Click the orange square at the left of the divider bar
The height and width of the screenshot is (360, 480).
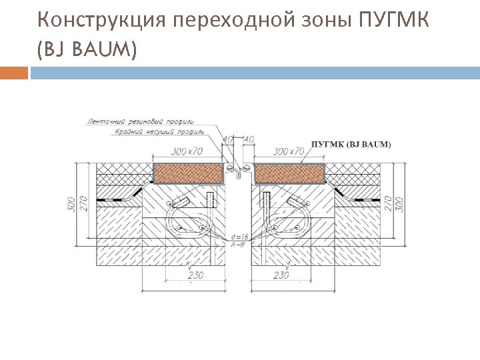tap(14, 72)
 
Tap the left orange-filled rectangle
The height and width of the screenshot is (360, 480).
tap(187, 173)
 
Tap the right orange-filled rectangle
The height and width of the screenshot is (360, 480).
tap(290, 173)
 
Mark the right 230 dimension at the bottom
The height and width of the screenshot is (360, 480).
tap(281, 274)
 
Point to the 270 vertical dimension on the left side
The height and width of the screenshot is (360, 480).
tap(84, 203)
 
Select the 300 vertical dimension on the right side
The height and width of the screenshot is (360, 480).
tap(400, 203)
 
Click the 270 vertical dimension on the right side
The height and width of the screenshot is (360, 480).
tap(387, 203)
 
